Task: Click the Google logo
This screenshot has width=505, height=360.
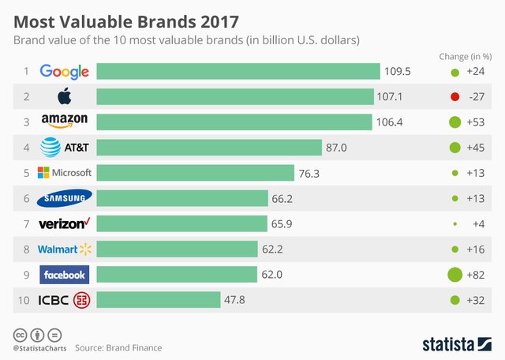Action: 65,72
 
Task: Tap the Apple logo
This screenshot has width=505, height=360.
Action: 65,97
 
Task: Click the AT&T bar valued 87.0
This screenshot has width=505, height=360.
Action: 209,148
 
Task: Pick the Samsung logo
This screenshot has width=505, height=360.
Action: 65,198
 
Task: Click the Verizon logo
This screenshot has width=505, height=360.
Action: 65,223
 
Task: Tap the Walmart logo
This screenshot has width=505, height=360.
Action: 65,249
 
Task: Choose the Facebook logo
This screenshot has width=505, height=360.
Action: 65,274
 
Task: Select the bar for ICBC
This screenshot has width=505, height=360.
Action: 158,299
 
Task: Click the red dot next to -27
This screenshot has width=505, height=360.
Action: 454,97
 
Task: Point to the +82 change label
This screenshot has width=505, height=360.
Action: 476,274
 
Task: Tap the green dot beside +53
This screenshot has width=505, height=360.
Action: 454,122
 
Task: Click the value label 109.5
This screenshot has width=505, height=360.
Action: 398,72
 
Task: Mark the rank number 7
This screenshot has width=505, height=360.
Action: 26,223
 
